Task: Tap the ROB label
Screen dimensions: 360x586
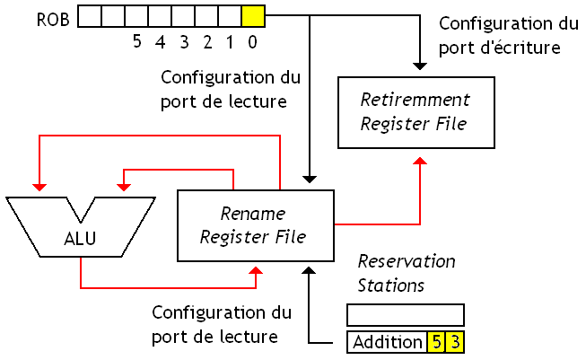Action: coord(53,17)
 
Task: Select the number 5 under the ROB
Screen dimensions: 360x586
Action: coord(137,40)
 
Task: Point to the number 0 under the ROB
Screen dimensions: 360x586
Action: coord(254,40)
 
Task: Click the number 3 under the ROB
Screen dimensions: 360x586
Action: coord(184,40)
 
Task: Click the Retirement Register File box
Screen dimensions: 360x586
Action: coord(414,111)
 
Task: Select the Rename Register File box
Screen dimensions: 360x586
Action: coord(256,225)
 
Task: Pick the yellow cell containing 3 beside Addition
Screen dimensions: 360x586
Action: coord(455,342)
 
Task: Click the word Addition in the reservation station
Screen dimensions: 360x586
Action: coord(387,342)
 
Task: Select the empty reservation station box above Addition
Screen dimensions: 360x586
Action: coord(405,315)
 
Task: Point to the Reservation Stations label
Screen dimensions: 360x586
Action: coord(406,273)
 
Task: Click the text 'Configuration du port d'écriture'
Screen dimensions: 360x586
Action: coord(499,37)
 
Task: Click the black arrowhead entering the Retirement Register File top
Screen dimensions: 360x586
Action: coord(419,66)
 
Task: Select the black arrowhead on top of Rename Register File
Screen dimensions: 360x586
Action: coord(309,179)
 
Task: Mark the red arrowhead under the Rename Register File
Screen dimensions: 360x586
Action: coord(257,270)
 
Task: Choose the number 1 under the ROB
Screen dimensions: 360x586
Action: coord(231,40)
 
